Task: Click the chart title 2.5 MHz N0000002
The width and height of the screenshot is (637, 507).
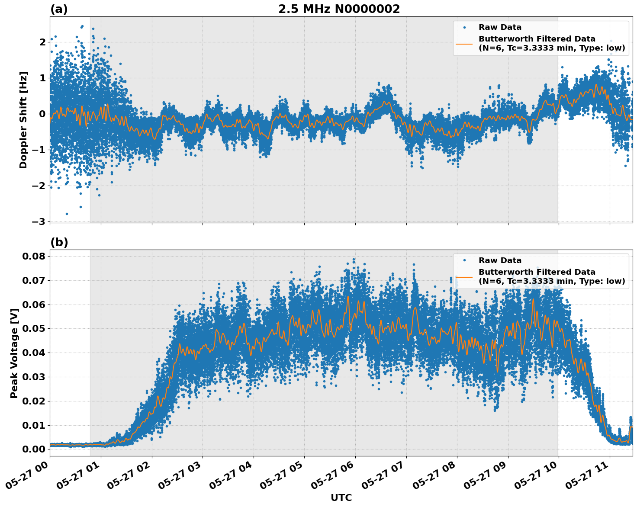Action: click(x=339, y=9)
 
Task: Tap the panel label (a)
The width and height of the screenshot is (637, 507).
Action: click(x=59, y=9)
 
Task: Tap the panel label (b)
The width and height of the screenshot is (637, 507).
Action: click(x=59, y=242)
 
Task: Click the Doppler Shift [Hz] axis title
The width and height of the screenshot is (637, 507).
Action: click(x=23, y=120)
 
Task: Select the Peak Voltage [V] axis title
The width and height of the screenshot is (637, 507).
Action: click(x=14, y=353)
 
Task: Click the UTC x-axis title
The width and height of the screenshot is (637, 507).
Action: click(x=341, y=497)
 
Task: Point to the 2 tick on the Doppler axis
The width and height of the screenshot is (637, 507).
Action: click(x=42, y=42)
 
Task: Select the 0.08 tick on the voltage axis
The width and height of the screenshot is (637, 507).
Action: click(x=34, y=256)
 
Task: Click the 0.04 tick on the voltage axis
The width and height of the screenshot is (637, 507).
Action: click(x=34, y=353)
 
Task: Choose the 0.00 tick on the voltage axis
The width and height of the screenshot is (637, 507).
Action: click(x=34, y=449)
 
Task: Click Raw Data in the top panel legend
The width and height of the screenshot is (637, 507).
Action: click(x=500, y=27)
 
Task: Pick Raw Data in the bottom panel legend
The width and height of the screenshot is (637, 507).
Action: click(x=500, y=260)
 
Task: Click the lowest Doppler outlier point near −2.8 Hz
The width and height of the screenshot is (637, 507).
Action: click(x=67, y=214)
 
